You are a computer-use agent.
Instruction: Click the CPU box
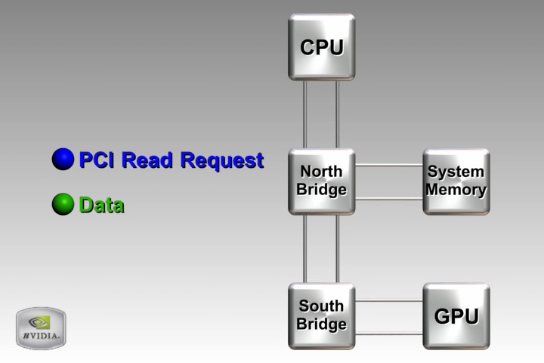click(x=321, y=47)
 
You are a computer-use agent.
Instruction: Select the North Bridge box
click(x=321, y=181)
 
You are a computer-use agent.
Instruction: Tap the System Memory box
click(x=456, y=181)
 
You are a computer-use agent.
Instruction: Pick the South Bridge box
click(x=321, y=316)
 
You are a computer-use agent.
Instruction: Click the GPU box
click(x=456, y=316)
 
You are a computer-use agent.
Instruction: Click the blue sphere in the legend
click(x=63, y=160)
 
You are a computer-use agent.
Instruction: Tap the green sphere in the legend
click(x=63, y=204)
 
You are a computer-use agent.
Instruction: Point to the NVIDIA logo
click(x=41, y=328)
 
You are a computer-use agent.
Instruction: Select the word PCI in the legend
click(x=97, y=160)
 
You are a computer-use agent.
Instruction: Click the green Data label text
click(x=101, y=205)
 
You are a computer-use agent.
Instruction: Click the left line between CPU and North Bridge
click(x=304, y=113)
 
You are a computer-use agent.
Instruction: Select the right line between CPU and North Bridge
click(x=337, y=113)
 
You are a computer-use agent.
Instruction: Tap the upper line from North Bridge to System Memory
click(x=388, y=165)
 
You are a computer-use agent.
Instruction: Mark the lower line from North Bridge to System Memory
click(x=388, y=198)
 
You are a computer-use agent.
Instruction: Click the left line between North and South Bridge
click(x=304, y=248)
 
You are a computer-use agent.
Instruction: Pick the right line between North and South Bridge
click(x=337, y=248)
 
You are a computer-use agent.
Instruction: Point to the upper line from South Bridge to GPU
click(x=388, y=300)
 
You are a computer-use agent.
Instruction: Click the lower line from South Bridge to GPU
click(x=388, y=333)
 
